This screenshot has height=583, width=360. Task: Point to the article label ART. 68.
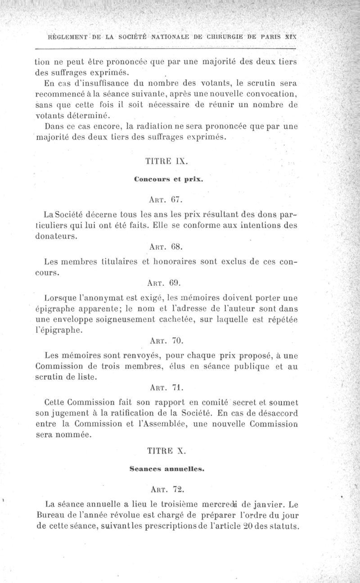click(x=164, y=247)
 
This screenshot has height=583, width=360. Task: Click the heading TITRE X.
click(x=164, y=450)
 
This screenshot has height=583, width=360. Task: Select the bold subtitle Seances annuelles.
click(x=167, y=469)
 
